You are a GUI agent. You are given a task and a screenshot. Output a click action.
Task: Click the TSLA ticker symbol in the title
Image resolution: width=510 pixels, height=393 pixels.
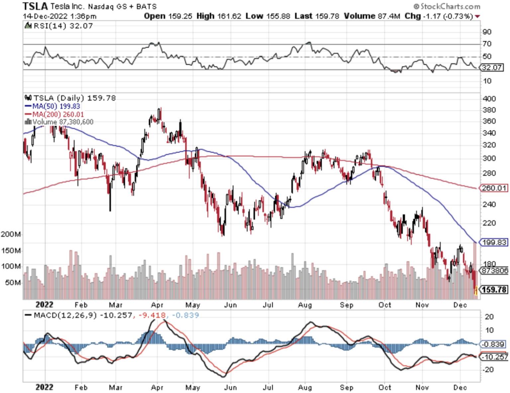(35, 6)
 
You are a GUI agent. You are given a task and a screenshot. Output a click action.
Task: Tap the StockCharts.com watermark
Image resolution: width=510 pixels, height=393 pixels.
(447, 6)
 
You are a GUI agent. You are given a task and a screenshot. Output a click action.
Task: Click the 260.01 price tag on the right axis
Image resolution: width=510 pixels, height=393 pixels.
(494, 188)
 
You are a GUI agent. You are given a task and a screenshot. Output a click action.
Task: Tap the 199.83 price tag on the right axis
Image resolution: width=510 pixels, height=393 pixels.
(494, 242)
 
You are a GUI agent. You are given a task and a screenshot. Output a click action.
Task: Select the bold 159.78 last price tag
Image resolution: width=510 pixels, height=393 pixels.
(494, 290)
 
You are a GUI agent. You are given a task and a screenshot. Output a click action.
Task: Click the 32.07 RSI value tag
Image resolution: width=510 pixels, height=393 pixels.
(492, 68)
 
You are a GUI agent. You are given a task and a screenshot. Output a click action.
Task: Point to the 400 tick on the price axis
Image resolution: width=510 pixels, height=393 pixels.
(489, 99)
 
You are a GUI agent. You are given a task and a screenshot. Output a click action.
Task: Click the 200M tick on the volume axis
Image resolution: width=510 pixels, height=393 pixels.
(11, 234)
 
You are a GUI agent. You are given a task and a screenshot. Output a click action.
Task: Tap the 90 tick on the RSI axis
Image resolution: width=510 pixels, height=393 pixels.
(487, 32)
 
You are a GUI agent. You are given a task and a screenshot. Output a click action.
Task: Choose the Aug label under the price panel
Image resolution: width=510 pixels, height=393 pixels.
(305, 305)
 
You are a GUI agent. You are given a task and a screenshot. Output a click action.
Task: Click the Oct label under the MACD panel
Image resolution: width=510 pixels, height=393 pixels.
(384, 387)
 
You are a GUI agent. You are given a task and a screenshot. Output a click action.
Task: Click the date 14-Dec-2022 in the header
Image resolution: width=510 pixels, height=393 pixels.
(45, 16)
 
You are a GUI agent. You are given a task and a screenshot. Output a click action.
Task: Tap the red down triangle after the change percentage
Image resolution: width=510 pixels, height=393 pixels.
(477, 17)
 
